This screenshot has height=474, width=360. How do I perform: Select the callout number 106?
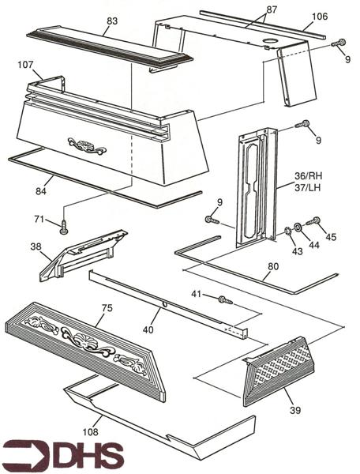319,17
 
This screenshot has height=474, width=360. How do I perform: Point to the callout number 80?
272,267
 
